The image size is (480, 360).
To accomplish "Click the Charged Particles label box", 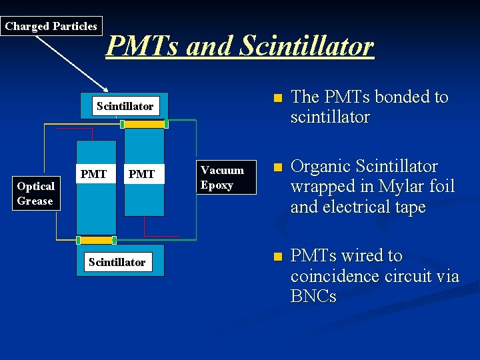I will tap(51, 27).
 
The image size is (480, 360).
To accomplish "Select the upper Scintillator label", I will tap(125, 106).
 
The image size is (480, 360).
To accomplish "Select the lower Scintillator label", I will tap(117, 262).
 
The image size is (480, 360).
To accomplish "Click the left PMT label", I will tap(93, 174).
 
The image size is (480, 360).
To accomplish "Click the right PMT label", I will tap(141, 174).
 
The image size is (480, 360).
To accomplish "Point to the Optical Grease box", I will tap(36, 193).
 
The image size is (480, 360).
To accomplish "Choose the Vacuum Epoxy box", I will tap(223, 177).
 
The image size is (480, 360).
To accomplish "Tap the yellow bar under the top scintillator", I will tap(144, 124).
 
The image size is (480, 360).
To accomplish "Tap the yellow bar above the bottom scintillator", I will tap(97, 240).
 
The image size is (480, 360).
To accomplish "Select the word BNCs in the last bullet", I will tap(313, 296).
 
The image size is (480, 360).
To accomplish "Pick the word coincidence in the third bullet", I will tap(333, 276).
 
